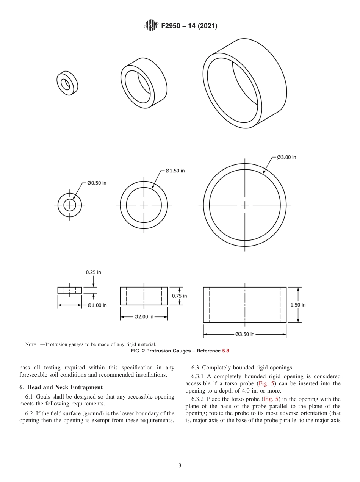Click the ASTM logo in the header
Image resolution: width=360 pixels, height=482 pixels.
pos(151,26)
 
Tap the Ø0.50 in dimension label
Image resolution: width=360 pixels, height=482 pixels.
pos(97,183)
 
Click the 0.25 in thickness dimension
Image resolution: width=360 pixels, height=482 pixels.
pos(93,272)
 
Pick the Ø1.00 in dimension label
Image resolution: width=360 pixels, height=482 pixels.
pos(97,305)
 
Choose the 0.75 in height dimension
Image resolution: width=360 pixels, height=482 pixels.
pos(179,296)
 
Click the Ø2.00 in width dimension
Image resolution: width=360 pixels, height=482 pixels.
pos(144,317)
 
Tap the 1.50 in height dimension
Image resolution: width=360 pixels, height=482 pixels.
pos(298,305)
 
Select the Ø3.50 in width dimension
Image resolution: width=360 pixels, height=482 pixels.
pos(244,335)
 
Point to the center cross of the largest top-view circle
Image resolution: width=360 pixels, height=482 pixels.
pos(245,205)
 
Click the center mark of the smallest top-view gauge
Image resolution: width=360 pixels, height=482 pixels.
pos(70,205)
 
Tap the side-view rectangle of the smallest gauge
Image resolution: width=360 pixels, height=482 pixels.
pos(70,290)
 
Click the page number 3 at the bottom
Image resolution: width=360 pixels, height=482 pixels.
pos(180,465)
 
